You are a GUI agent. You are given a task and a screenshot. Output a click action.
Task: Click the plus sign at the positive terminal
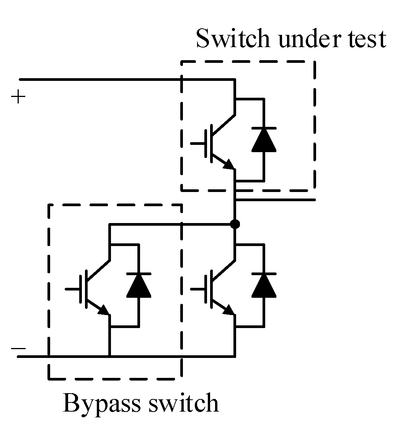[x=18, y=97]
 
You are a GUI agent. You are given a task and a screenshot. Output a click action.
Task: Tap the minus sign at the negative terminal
[x=18, y=348]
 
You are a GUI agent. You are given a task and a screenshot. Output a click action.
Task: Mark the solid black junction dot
[x=236, y=224]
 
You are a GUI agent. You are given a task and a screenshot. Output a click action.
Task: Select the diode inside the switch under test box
[x=264, y=140]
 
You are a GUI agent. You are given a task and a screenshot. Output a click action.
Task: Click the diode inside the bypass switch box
[x=138, y=286]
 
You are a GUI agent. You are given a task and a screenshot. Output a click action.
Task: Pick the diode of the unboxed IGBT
[x=264, y=286]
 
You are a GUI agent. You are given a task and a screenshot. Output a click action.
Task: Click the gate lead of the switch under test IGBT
[x=197, y=143]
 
